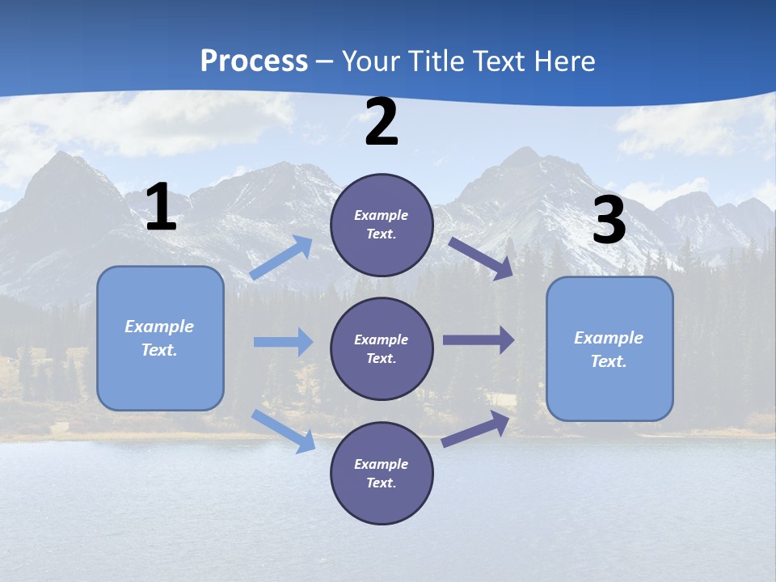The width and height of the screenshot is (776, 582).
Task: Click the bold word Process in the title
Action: pos(254,61)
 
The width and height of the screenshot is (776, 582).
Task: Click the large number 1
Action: pos(161,208)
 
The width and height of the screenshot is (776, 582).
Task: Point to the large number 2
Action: pos(382,123)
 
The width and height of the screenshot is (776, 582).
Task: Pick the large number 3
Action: pos(609,221)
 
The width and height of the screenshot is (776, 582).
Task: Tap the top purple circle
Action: pos(382,225)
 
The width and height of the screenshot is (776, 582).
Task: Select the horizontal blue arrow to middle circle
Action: pos(283,342)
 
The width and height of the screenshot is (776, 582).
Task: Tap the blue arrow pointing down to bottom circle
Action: pos(284,431)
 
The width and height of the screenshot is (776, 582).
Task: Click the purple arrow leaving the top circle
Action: pos(481,258)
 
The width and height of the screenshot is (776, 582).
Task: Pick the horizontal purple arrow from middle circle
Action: pos(479,340)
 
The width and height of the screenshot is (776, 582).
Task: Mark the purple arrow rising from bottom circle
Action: pos(476,429)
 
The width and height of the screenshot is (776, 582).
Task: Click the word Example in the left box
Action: pos(159,327)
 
